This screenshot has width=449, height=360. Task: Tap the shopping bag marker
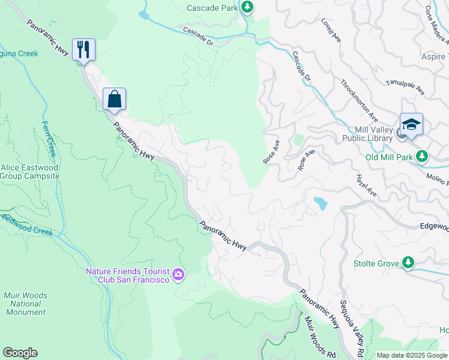point(114,99)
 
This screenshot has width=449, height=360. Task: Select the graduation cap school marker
point(411,124)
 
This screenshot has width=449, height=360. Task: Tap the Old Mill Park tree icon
point(422,157)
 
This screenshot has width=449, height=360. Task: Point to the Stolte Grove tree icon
point(408,262)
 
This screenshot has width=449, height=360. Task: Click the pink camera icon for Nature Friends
point(178,275)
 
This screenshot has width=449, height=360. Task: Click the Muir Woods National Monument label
point(26,304)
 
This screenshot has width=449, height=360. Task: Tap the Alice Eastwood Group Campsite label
point(30,172)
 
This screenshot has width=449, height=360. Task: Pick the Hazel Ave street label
point(366,186)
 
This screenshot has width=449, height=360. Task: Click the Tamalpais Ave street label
point(406,88)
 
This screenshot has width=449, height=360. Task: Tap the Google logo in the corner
point(20,353)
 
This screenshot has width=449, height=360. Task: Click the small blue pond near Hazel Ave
point(321,203)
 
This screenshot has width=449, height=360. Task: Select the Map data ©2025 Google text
point(412,355)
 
